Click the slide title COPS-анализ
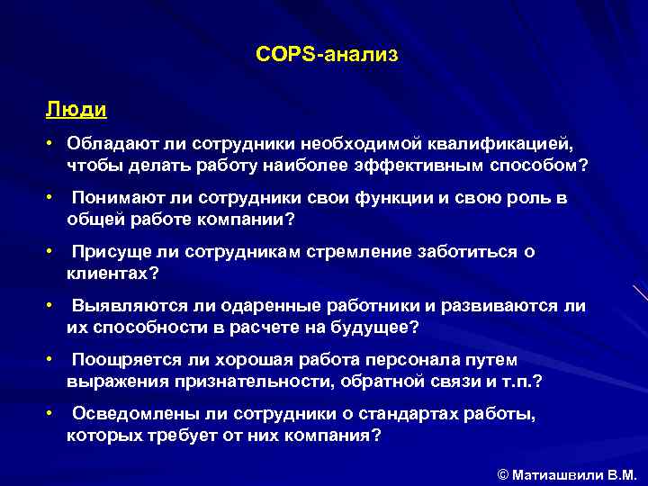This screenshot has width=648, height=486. [x=326, y=56]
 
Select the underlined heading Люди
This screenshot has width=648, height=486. [x=76, y=110]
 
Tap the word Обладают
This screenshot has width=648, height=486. [x=110, y=144]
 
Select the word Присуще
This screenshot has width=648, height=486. [x=107, y=252]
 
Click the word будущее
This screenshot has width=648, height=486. [x=371, y=328]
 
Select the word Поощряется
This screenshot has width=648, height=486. [x=123, y=360]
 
